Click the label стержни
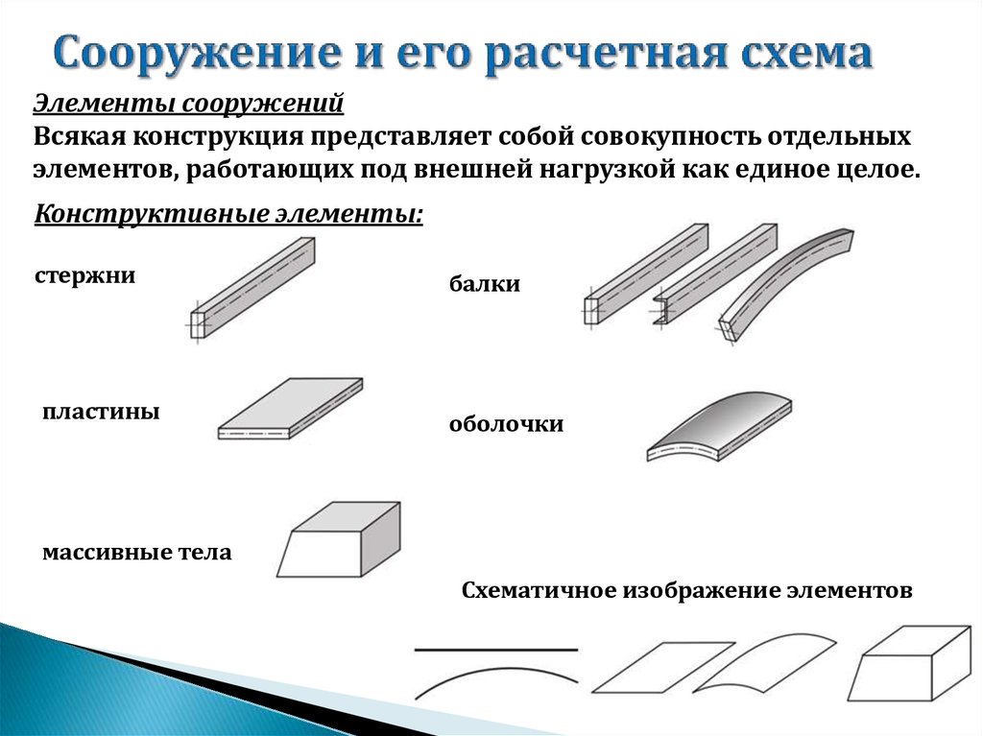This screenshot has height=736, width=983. click(x=84, y=275)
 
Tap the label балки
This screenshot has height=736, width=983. click(x=485, y=284)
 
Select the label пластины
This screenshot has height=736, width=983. click(x=101, y=412)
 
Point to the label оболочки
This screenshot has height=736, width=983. click(x=506, y=424)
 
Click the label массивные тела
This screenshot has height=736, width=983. click(x=136, y=553)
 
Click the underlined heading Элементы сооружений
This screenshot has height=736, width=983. click(x=188, y=104)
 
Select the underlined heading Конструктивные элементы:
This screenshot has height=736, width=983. click(x=228, y=214)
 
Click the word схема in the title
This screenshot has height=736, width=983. click(x=805, y=54)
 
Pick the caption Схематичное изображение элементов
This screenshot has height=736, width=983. click(x=686, y=590)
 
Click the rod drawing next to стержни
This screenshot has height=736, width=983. click(x=252, y=289)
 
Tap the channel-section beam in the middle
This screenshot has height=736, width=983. click(x=715, y=274)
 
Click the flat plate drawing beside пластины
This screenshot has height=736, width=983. click(x=290, y=408)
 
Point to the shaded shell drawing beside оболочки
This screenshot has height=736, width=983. click(x=720, y=426)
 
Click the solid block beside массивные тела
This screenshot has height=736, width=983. click(x=339, y=539)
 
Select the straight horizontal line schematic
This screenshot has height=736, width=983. click(x=496, y=650)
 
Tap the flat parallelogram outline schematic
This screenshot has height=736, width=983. click(x=663, y=667)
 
